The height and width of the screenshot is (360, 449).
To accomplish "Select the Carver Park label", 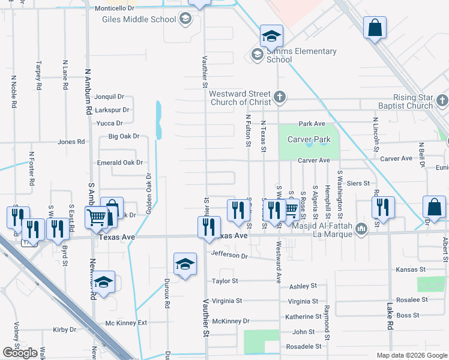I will [309, 139].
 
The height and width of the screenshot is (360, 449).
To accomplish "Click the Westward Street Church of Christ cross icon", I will [280, 97].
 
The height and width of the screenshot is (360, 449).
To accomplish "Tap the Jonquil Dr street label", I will [109, 96].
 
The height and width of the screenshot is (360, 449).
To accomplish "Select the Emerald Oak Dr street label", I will [120, 163].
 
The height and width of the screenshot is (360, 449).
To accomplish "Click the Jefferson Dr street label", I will [229, 256].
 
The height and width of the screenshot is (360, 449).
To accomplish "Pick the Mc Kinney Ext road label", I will [126, 323].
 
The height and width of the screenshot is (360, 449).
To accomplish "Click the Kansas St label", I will [411, 270].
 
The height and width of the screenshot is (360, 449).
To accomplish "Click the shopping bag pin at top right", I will [375, 28].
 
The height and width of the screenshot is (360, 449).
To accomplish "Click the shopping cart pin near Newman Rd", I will [97, 218].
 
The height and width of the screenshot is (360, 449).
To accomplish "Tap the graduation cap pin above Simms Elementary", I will [271, 35].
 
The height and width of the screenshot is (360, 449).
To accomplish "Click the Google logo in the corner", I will [20, 353].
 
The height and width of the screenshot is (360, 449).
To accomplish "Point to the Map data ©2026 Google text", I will [411, 355].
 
